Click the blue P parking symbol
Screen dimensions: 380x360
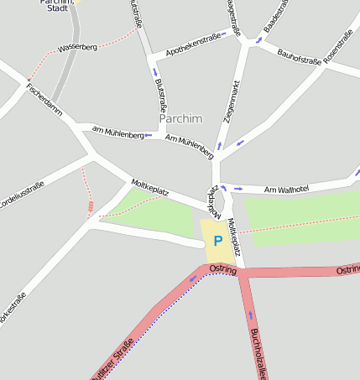point(218,241)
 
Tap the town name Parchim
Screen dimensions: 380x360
point(181,118)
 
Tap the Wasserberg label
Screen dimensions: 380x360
point(77,48)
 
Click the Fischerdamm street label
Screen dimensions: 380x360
point(44,98)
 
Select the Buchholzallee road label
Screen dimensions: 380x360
point(257,353)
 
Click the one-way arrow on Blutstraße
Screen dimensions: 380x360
point(155,72)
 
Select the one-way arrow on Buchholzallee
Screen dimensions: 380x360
point(248,316)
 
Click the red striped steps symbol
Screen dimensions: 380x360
point(90,207)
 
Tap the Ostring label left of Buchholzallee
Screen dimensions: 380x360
point(223,268)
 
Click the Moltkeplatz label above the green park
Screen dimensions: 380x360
point(150,187)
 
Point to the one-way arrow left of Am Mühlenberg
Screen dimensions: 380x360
point(149,134)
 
